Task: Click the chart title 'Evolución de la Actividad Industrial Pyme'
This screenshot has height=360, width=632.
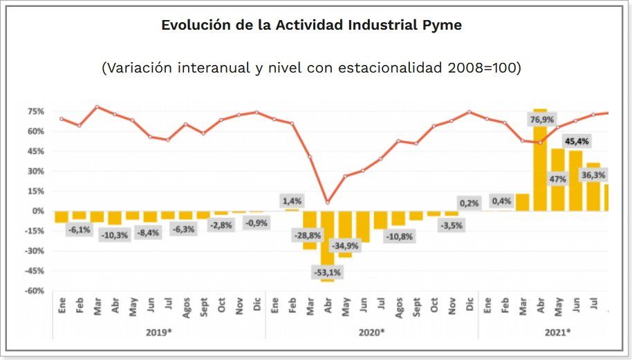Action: click(x=311, y=26)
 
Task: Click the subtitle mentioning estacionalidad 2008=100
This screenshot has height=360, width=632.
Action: click(x=311, y=68)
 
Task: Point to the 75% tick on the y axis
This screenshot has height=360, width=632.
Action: click(x=36, y=111)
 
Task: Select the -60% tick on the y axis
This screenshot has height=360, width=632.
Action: click(x=35, y=291)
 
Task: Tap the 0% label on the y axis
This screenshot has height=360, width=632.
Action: click(x=39, y=211)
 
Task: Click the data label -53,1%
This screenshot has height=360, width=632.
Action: click(x=327, y=272)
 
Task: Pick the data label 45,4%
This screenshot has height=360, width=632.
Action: click(x=577, y=142)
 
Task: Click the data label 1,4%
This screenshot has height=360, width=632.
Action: click(x=291, y=200)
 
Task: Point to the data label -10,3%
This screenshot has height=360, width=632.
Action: click(x=114, y=236)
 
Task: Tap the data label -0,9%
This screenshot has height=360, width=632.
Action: click(x=256, y=223)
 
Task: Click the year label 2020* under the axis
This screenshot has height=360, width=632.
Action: click(x=371, y=332)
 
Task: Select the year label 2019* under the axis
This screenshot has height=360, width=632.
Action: click(x=158, y=332)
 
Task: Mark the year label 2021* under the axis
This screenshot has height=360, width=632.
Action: click(x=557, y=332)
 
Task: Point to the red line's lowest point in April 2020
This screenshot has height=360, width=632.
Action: click(x=327, y=202)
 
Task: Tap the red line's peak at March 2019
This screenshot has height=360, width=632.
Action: click(x=97, y=106)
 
